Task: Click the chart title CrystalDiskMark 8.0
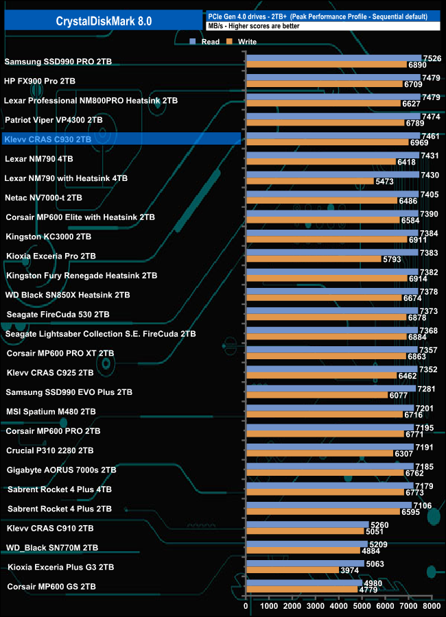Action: pyautogui.click(x=104, y=21)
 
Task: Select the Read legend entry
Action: pyautogui.click(x=206, y=42)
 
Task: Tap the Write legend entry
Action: pyautogui.click(x=242, y=42)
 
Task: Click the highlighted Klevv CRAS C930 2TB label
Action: pyautogui.click(x=47, y=139)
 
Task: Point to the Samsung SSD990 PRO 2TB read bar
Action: pyautogui.click(x=333, y=58)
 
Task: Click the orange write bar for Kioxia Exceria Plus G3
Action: pyautogui.click(x=292, y=570)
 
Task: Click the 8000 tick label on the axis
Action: pyautogui.click(x=431, y=607)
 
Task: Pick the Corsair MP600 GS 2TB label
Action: pyautogui.click(x=51, y=587)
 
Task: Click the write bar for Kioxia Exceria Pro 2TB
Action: pyautogui.click(x=313, y=260)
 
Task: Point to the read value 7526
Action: pyautogui.click(x=432, y=58)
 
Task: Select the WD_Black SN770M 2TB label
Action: pyautogui.click(x=52, y=548)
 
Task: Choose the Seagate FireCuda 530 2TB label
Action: pyautogui.click(x=58, y=315)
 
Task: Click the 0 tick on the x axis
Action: pyautogui.click(x=246, y=607)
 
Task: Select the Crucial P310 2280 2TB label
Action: pyautogui.click(x=50, y=450)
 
